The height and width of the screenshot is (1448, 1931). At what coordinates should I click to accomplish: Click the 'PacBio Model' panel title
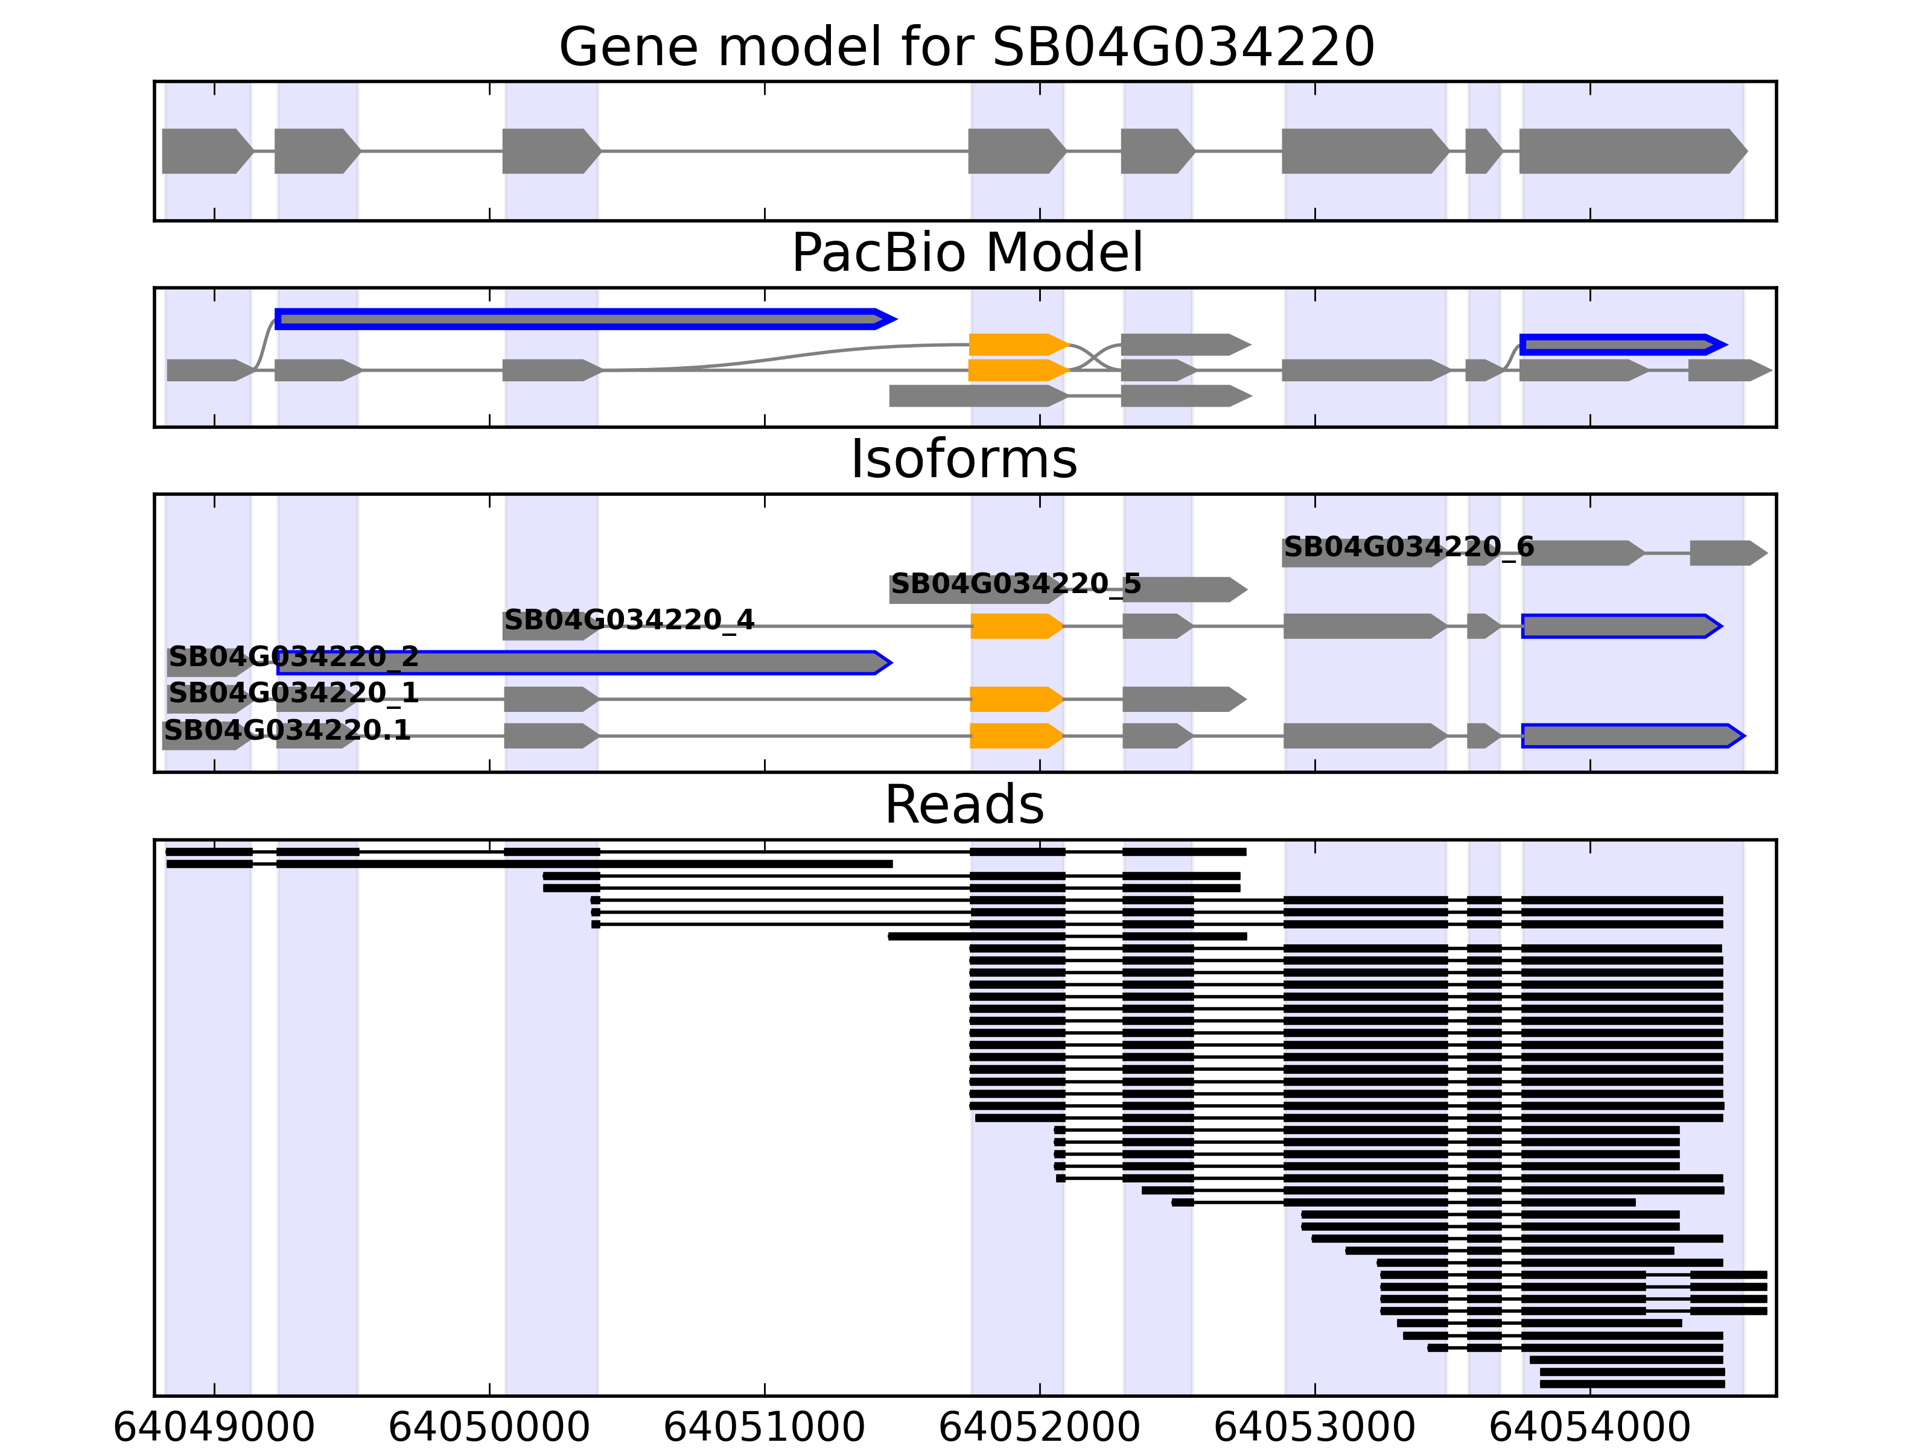pyautogui.click(x=965, y=253)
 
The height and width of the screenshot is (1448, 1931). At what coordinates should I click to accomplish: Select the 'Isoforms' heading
pyautogui.click(x=964, y=459)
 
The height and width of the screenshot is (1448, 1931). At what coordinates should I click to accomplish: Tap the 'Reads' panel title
pyautogui.click(x=964, y=805)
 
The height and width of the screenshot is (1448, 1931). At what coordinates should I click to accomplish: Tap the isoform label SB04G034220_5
pyautogui.click(x=1015, y=584)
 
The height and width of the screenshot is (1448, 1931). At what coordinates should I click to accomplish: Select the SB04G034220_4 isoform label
pyautogui.click(x=629, y=621)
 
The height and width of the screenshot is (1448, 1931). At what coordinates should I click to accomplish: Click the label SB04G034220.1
pyautogui.click(x=287, y=731)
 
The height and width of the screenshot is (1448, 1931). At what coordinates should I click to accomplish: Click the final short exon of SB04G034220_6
pyautogui.click(x=1726, y=553)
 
